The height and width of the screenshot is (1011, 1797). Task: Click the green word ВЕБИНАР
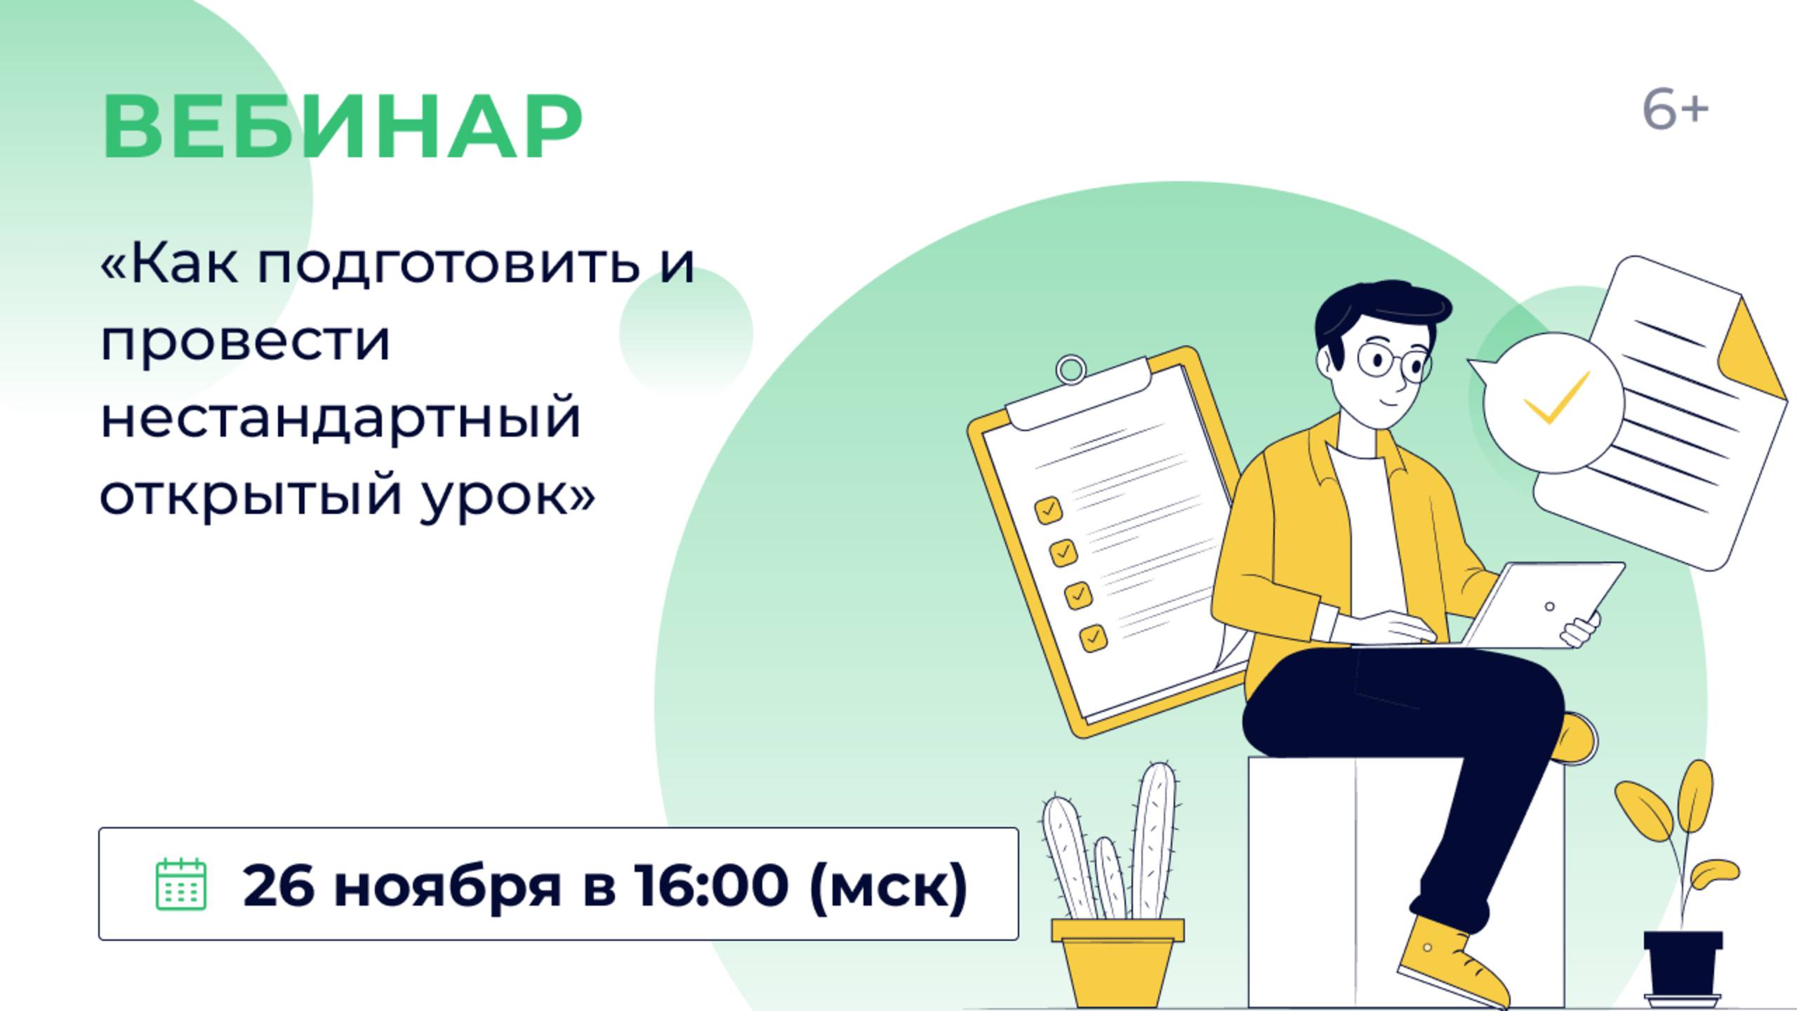point(342,127)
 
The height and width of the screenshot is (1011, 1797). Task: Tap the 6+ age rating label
point(1675,111)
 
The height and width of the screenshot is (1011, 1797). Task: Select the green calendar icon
point(180,884)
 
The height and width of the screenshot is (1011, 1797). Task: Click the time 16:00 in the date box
point(710,885)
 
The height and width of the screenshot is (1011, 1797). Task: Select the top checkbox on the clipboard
point(1048,510)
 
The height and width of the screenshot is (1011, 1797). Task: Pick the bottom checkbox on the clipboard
point(1093,637)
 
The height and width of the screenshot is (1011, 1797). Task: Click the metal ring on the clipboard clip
point(1071,369)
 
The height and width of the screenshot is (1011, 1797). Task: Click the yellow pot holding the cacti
point(1118,962)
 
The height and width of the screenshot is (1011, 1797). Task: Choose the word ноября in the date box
point(447,886)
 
